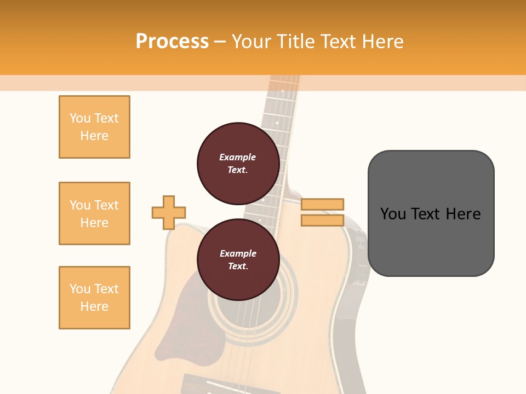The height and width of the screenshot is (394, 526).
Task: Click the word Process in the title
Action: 172,42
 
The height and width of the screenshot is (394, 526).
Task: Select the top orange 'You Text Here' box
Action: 94,127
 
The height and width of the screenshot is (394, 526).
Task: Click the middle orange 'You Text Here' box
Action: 94,213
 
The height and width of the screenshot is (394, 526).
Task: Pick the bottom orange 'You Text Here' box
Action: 94,298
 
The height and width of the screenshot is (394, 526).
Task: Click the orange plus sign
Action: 169,212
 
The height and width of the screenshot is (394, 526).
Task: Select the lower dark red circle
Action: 238,259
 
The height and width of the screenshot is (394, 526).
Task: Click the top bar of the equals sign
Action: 322,204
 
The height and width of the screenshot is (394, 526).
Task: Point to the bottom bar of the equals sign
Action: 322,220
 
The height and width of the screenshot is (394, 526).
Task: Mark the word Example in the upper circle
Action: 238,157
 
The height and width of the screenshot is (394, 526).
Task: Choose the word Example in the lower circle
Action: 238,253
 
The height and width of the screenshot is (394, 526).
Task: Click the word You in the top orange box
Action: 80,118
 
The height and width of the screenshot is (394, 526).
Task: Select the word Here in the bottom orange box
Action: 94,306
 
